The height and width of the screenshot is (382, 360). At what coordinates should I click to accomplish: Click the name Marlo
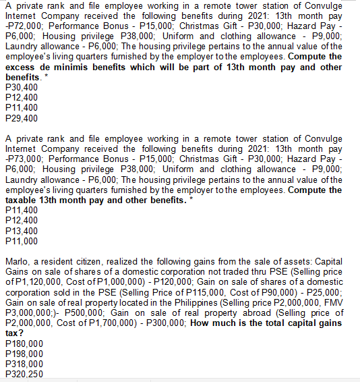click(17, 261)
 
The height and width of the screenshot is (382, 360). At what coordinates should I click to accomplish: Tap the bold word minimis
click(72, 67)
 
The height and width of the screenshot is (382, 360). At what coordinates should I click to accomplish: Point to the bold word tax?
click(14, 333)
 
